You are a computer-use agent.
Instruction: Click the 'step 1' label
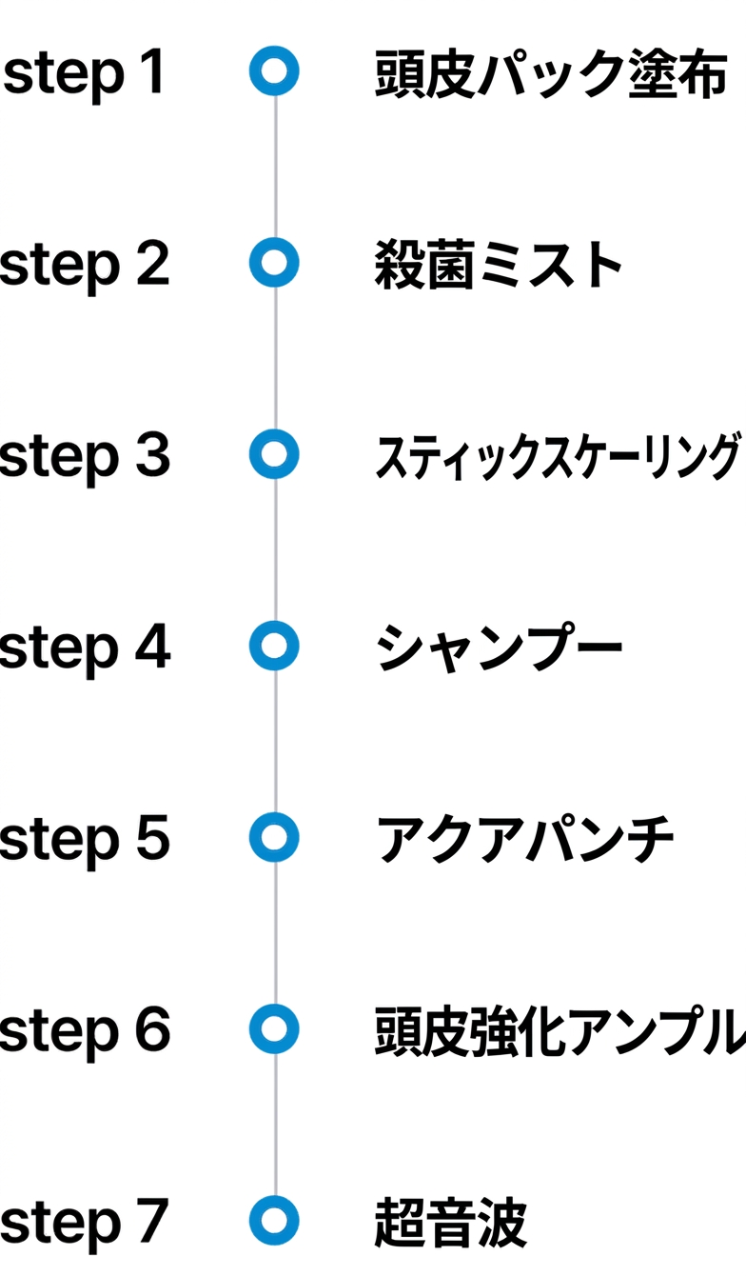85,74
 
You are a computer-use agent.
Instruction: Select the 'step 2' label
85,266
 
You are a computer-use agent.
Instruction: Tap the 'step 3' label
85,457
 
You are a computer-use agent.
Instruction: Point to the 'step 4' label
85,648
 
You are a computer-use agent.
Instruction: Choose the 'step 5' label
85,840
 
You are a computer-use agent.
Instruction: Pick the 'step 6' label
85,1031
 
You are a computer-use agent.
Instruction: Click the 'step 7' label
85,1223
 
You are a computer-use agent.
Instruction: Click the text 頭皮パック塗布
551,74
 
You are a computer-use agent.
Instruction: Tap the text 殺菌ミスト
498,265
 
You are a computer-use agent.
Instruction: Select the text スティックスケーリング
559,456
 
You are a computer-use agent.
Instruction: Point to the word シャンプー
499,648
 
